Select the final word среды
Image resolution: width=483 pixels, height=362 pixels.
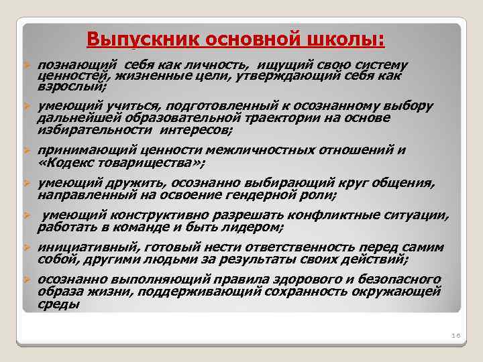(x=58, y=304)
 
